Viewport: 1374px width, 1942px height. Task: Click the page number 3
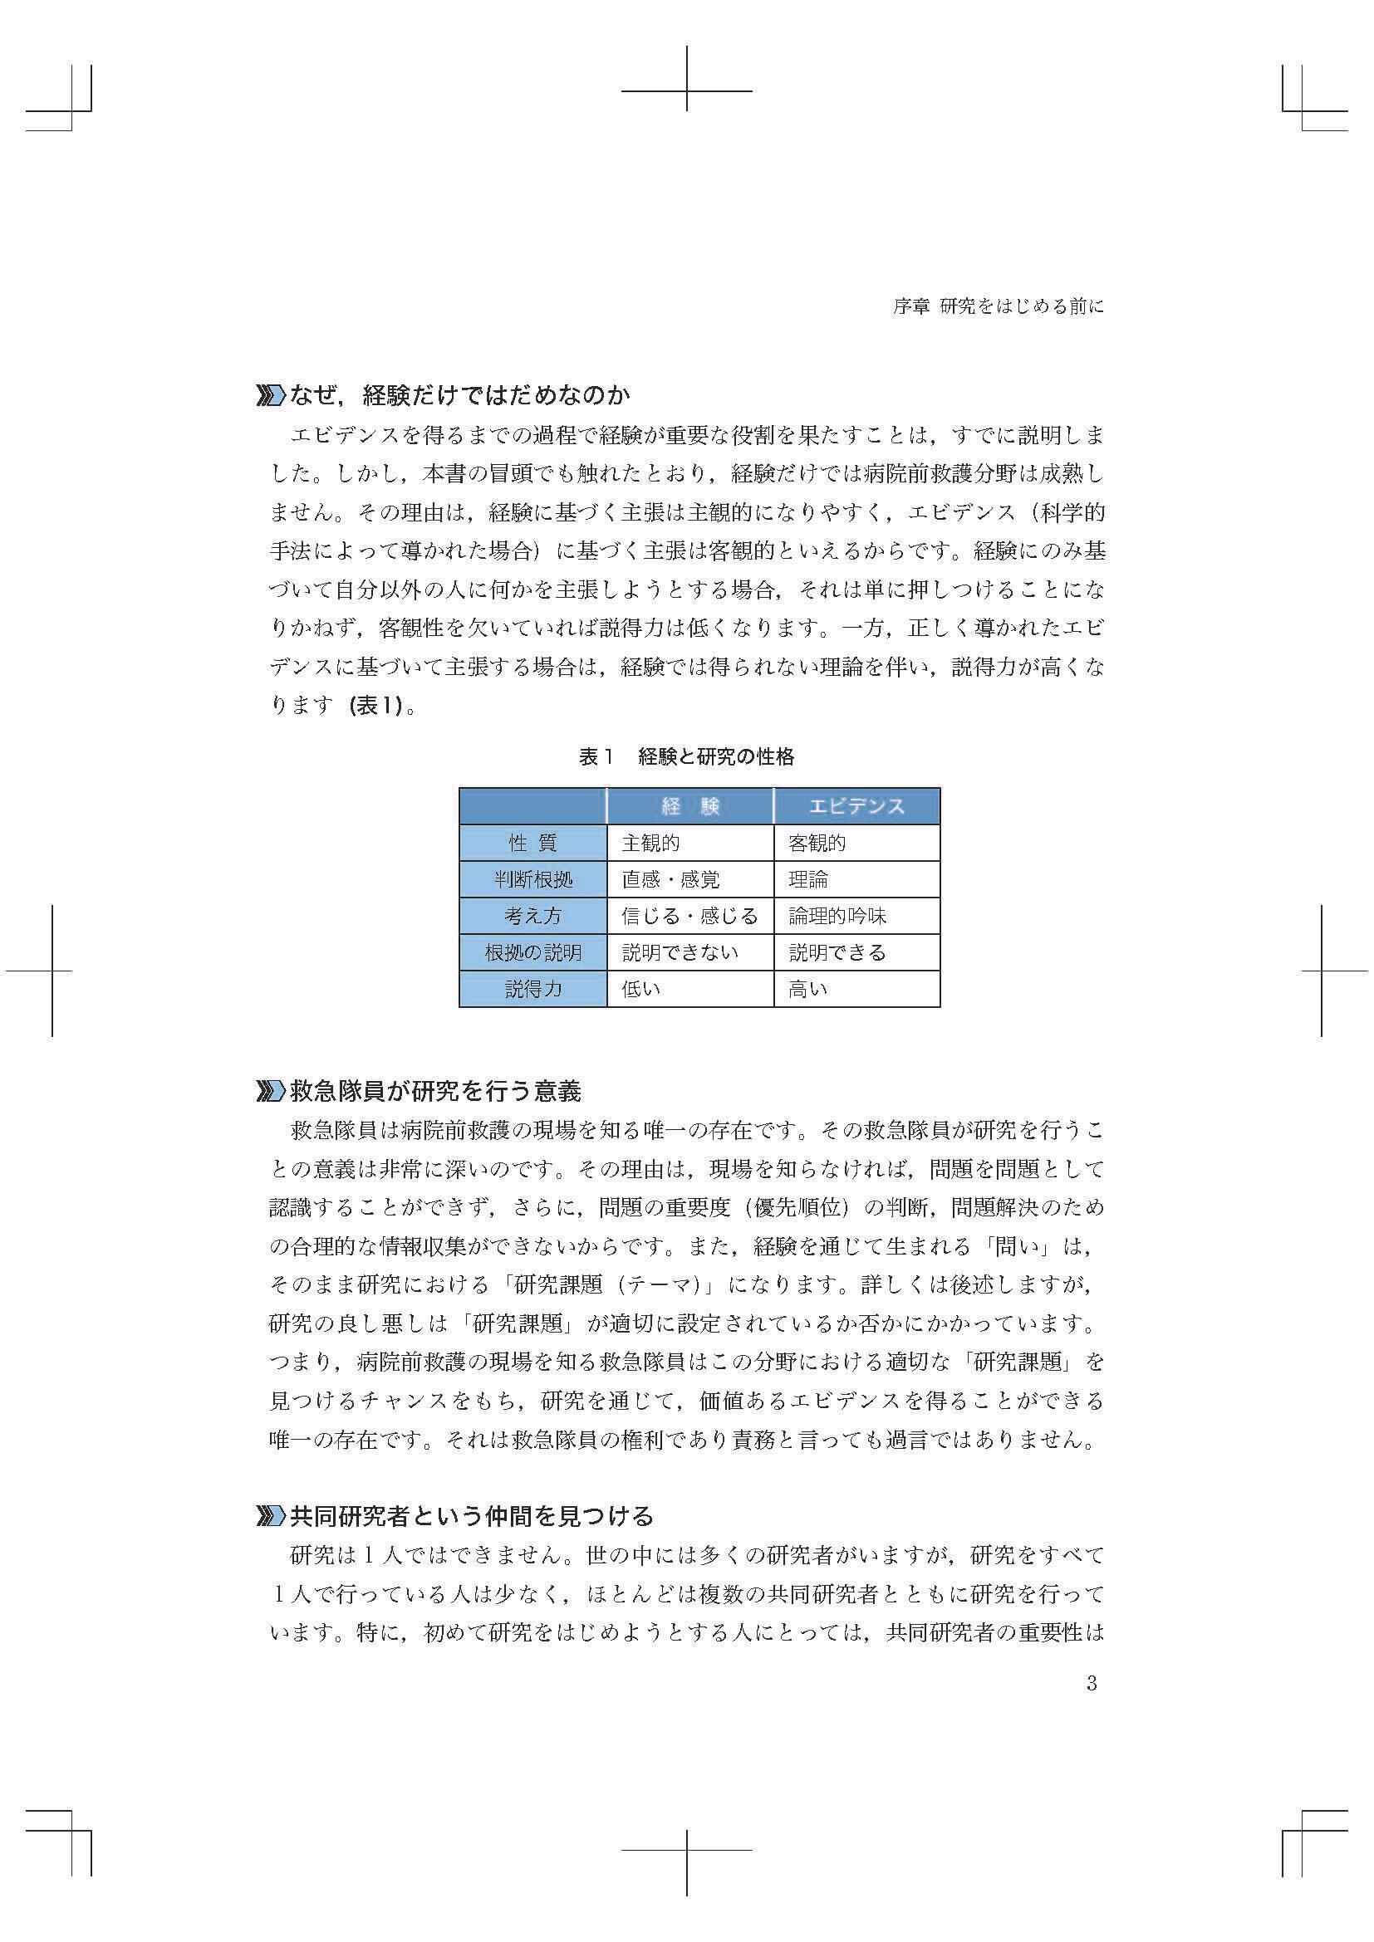tap(1092, 1683)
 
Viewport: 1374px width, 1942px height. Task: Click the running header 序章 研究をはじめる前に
tap(999, 307)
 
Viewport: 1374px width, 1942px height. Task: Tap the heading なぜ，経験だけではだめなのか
tap(460, 395)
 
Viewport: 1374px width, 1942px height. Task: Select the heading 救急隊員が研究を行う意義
tap(436, 1092)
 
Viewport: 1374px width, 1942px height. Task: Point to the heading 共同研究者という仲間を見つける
tap(472, 1517)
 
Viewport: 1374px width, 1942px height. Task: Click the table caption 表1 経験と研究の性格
tap(686, 757)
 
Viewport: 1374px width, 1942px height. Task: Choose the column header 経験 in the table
tap(690, 806)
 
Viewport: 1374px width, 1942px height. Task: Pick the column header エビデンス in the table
tap(856, 806)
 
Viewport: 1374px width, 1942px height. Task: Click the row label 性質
tap(533, 844)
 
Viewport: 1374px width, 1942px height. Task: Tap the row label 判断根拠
tap(533, 879)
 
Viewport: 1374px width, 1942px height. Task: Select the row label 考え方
tap(533, 916)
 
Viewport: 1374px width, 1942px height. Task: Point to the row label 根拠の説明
tap(533, 952)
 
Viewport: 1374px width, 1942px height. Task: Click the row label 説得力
tap(533, 989)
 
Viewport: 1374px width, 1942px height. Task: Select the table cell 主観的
tap(650, 844)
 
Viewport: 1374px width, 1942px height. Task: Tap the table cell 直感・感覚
tap(671, 879)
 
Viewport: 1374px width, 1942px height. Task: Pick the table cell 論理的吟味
tap(837, 916)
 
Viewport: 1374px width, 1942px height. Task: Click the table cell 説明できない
tap(680, 952)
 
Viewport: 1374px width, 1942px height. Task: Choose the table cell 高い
tap(808, 989)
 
